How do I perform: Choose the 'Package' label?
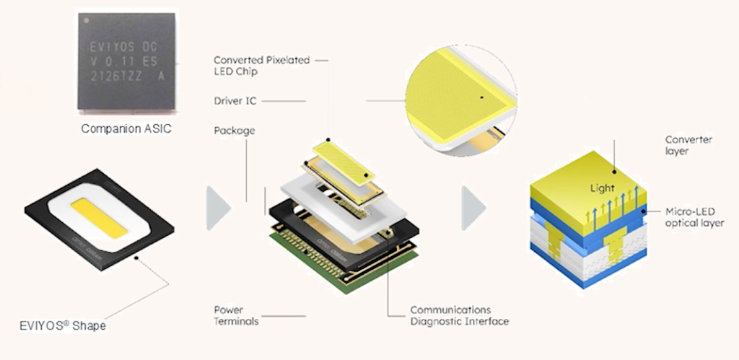pyautogui.click(x=235, y=131)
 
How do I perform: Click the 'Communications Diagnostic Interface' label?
pyautogui.click(x=459, y=315)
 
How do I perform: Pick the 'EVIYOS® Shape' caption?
pyautogui.click(x=63, y=326)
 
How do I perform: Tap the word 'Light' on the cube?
pyautogui.click(x=603, y=189)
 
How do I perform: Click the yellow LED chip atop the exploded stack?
pyautogui.click(x=344, y=159)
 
